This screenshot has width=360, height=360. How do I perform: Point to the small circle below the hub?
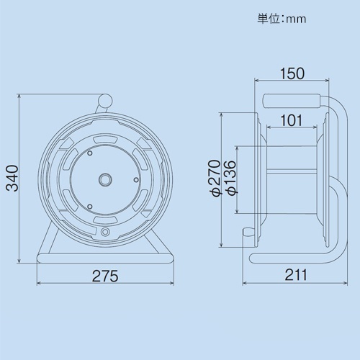[x=105, y=232]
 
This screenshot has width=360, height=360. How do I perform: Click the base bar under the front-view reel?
[x=105, y=256]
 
